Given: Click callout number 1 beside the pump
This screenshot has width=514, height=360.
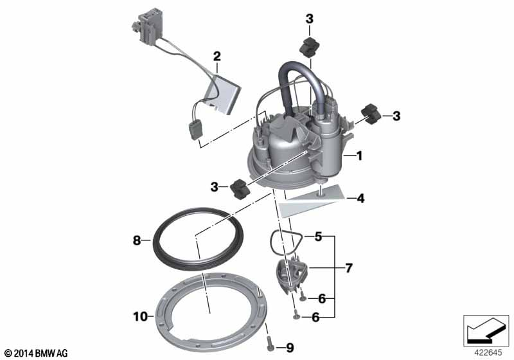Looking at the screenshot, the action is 359,156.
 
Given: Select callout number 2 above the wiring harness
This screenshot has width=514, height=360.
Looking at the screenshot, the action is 217,57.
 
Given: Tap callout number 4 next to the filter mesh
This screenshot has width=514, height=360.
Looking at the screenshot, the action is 360,199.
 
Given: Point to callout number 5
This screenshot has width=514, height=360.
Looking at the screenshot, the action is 318,237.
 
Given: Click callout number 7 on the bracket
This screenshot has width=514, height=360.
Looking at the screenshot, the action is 349,268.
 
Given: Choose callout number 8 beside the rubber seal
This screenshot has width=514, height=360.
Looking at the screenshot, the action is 137,240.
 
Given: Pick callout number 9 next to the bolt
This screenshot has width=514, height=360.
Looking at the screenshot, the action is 290,348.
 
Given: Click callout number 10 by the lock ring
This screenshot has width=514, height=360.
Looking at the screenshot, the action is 140,317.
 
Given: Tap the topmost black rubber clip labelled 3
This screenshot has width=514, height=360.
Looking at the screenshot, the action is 310,46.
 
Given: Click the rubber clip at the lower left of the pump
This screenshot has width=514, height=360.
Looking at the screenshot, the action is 240,189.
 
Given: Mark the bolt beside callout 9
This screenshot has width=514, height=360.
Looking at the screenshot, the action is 270,343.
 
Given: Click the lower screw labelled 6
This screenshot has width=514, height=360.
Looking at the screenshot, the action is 296,315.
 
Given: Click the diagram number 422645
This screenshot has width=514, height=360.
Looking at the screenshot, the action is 488,353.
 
